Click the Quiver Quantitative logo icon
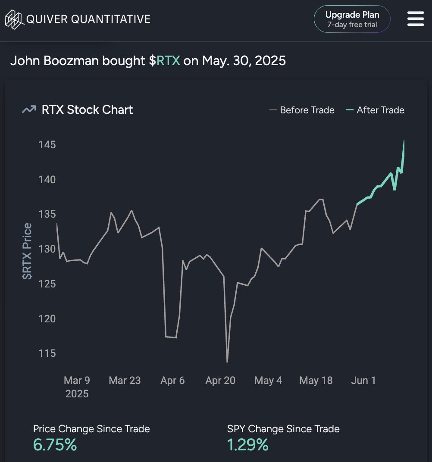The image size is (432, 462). point(13,19)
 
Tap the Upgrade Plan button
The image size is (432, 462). point(352,19)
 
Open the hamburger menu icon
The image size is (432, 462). point(416,19)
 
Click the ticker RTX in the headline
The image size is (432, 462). point(168,60)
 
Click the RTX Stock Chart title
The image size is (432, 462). point(87,110)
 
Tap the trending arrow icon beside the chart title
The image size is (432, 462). point(29,110)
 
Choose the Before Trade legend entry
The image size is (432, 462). point(301,110)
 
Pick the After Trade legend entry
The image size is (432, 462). point(375,110)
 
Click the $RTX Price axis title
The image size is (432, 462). point(28,251)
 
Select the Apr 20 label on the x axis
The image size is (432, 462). point(220,381)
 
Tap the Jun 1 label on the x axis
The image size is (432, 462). point(363,381)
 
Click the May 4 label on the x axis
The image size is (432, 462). point(268,381)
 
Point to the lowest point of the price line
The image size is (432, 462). point(227,362)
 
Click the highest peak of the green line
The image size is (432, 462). point(404,141)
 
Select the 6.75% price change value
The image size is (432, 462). point(55,445)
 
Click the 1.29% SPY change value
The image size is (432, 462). point(247,445)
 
